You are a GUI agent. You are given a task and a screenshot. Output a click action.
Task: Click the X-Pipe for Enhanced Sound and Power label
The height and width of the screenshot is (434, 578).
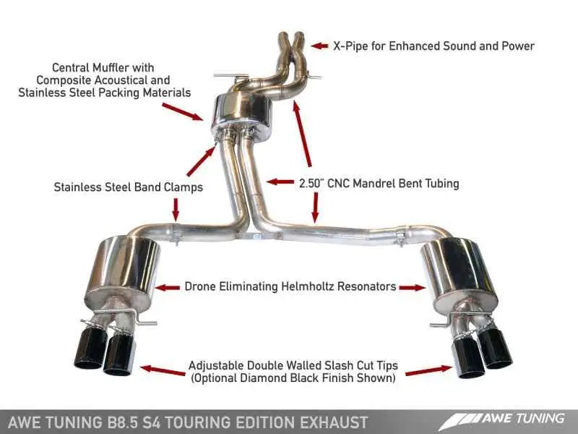[433, 46]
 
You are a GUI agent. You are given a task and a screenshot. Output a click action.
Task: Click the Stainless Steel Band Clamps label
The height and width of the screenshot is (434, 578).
[128, 187]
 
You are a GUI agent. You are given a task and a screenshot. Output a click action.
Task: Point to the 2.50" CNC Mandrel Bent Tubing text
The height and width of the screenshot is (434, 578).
[379, 183]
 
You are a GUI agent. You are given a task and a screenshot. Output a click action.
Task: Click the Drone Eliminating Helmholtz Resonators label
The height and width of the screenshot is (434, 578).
[290, 286]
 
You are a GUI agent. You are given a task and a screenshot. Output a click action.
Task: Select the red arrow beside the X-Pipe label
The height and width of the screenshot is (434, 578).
[319, 46]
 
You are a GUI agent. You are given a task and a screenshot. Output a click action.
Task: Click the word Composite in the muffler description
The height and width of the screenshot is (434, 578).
[66, 80]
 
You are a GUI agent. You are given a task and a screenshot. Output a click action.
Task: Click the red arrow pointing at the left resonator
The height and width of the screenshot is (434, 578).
[168, 287]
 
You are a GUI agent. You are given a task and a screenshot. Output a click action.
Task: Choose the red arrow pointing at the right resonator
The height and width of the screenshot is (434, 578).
[412, 287]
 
